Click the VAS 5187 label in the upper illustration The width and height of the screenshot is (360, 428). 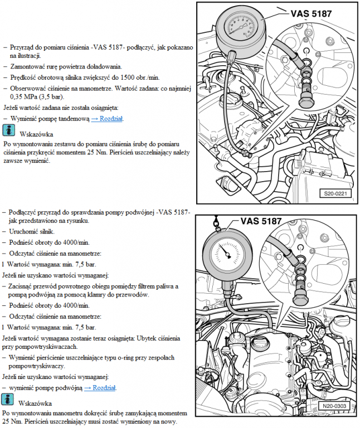(311, 13)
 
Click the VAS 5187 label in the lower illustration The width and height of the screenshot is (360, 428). (261, 221)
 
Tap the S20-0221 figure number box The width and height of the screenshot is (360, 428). (335, 193)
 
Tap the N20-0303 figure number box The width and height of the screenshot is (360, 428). (334, 406)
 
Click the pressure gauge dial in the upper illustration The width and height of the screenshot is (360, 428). (240, 27)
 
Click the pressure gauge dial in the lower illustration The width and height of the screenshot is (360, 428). (227, 253)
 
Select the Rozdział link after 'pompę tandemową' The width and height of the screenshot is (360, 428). (107, 119)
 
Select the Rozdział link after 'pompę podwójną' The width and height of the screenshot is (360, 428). (100, 388)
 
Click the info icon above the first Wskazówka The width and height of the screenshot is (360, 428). (9, 130)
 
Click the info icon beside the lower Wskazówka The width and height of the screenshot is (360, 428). (7, 399)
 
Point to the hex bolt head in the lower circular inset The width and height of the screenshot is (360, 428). (300, 299)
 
